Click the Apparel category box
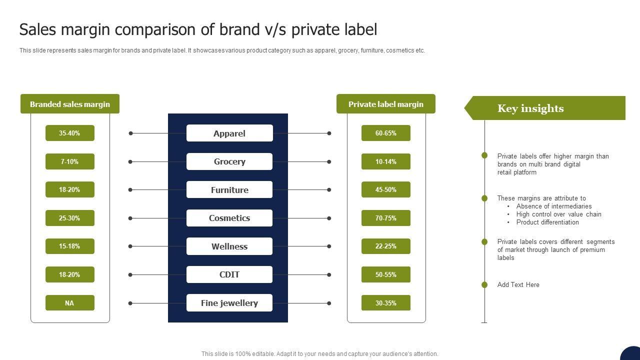coord(229,133)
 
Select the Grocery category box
coord(229,161)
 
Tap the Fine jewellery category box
coord(229,303)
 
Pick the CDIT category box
coord(229,274)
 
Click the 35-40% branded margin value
coord(69,133)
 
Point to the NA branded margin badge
coord(69,303)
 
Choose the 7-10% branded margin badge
coord(69,161)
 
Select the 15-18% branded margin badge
coord(69,246)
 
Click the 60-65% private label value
coord(385,133)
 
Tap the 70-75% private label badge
coord(385,218)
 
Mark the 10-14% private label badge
coord(385,161)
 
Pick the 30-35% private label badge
coord(385,303)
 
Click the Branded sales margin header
coord(70,104)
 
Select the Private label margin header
coord(385,104)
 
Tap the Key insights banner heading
coord(530,108)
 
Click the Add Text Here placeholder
coord(518,285)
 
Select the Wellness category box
coord(229,246)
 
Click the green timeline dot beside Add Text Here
coord(484,285)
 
